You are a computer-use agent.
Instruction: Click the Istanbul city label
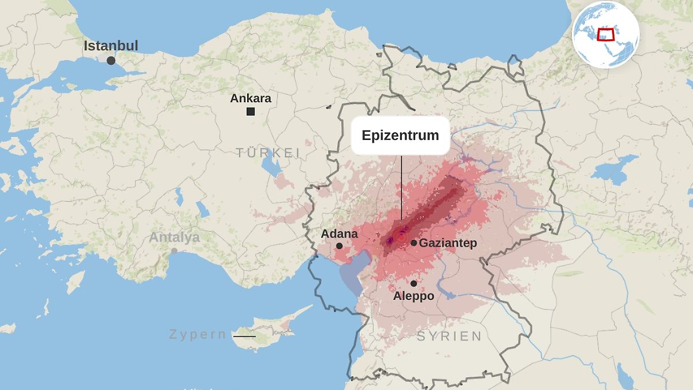[x=111, y=46]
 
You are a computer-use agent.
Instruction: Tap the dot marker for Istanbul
[x=111, y=60]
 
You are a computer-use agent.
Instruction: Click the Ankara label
[x=251, y=98]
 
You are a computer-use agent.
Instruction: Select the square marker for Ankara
[x=251, y=112]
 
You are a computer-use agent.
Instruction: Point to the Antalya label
[x=174, y=237]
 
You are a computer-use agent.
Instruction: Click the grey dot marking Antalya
[x=174, y=251]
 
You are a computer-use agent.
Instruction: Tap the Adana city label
[x=339, y=234]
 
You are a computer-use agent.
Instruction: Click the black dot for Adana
[x=339, y=246]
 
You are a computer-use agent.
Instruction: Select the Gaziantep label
[x=448, y=243]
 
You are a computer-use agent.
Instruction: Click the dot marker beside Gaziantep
[x=413, y=243]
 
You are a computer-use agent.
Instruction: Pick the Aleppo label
[x=413, y=296]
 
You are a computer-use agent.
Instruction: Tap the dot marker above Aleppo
[x=413, y=283]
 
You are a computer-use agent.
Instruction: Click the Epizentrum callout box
[x=400, y=136]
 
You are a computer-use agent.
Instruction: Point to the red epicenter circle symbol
[x=400, y=237]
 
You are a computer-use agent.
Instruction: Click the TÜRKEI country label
[x=267, y=153]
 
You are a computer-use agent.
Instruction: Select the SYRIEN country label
[x=449, y=336]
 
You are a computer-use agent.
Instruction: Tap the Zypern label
[x=198, y=335]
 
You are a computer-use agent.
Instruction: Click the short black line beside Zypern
[x=244, y=336]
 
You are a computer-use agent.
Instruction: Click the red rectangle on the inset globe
[x=605, y=34]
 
